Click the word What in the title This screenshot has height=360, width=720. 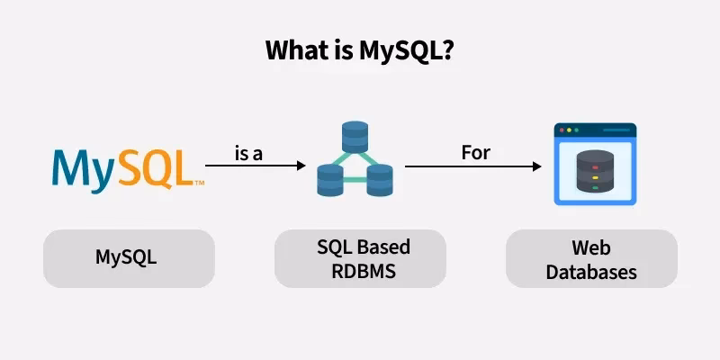tap(294, 50)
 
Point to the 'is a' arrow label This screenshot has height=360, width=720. tap(248, 153)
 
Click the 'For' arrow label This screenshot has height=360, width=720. tap(476, 153)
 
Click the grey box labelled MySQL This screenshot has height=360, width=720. tap(129, 258)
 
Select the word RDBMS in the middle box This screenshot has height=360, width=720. tap(360, 270)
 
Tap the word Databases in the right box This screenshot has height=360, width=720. tap(591, 270)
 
